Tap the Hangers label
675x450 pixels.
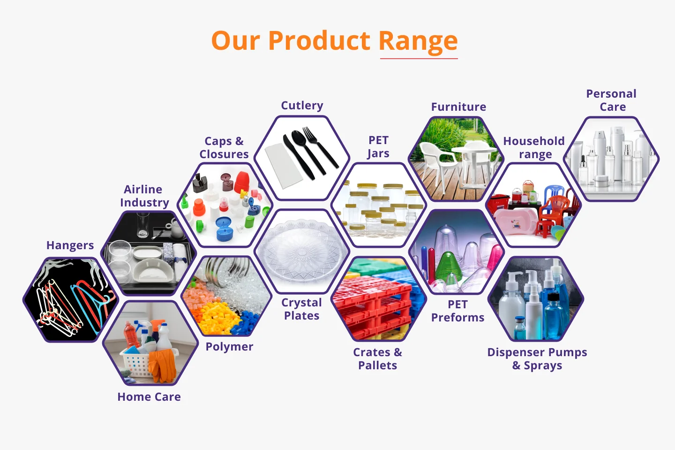[70, 245]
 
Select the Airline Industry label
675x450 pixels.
[144, 196]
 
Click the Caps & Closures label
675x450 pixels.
[224, 148]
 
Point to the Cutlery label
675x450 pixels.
[302, 106]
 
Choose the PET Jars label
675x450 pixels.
[378, 147]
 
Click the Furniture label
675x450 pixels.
[458, 107]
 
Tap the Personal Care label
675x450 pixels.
[611, 100]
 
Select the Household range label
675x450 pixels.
[534, 148]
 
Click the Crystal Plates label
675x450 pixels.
[302, 309]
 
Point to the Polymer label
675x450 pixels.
[229, 347]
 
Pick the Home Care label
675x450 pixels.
[149, 397]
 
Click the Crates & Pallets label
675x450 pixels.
[378, 359]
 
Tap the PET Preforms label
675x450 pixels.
[457, 311]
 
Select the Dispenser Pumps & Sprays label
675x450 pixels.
[537, 359]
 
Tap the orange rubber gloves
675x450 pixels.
[163, 365]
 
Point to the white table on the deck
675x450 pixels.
[474, 163]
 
